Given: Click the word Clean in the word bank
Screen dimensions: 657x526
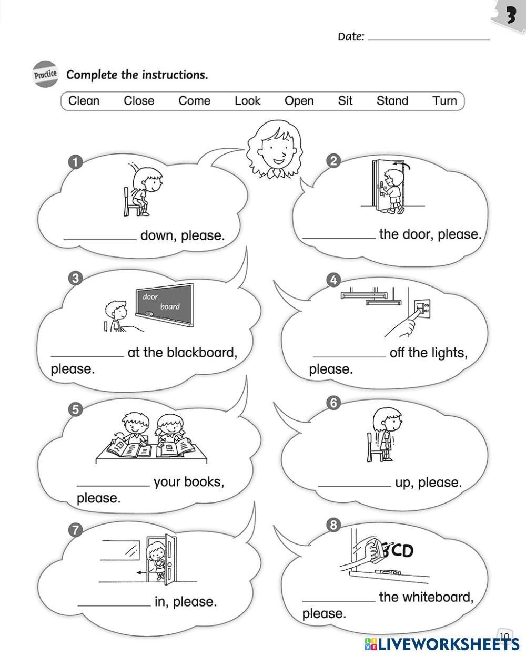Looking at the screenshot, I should point(84,100).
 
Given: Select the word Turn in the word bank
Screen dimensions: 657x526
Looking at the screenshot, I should point(444,100).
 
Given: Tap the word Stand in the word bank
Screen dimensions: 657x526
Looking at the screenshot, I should point(392,100).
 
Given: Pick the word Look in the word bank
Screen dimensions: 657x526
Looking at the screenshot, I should point(247,100).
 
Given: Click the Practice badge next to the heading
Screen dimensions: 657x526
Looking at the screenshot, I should point(45,74).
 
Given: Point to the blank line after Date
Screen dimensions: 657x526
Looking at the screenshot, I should point(429,38).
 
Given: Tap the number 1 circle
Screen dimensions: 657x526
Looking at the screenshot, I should point(76,161).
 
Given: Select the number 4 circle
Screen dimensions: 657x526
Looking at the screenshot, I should point(333,280).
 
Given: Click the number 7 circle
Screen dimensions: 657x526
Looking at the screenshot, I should point(76,530).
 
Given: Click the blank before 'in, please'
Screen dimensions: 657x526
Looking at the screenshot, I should point(114,604).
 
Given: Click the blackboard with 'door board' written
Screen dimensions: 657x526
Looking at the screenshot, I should point(164,301).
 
